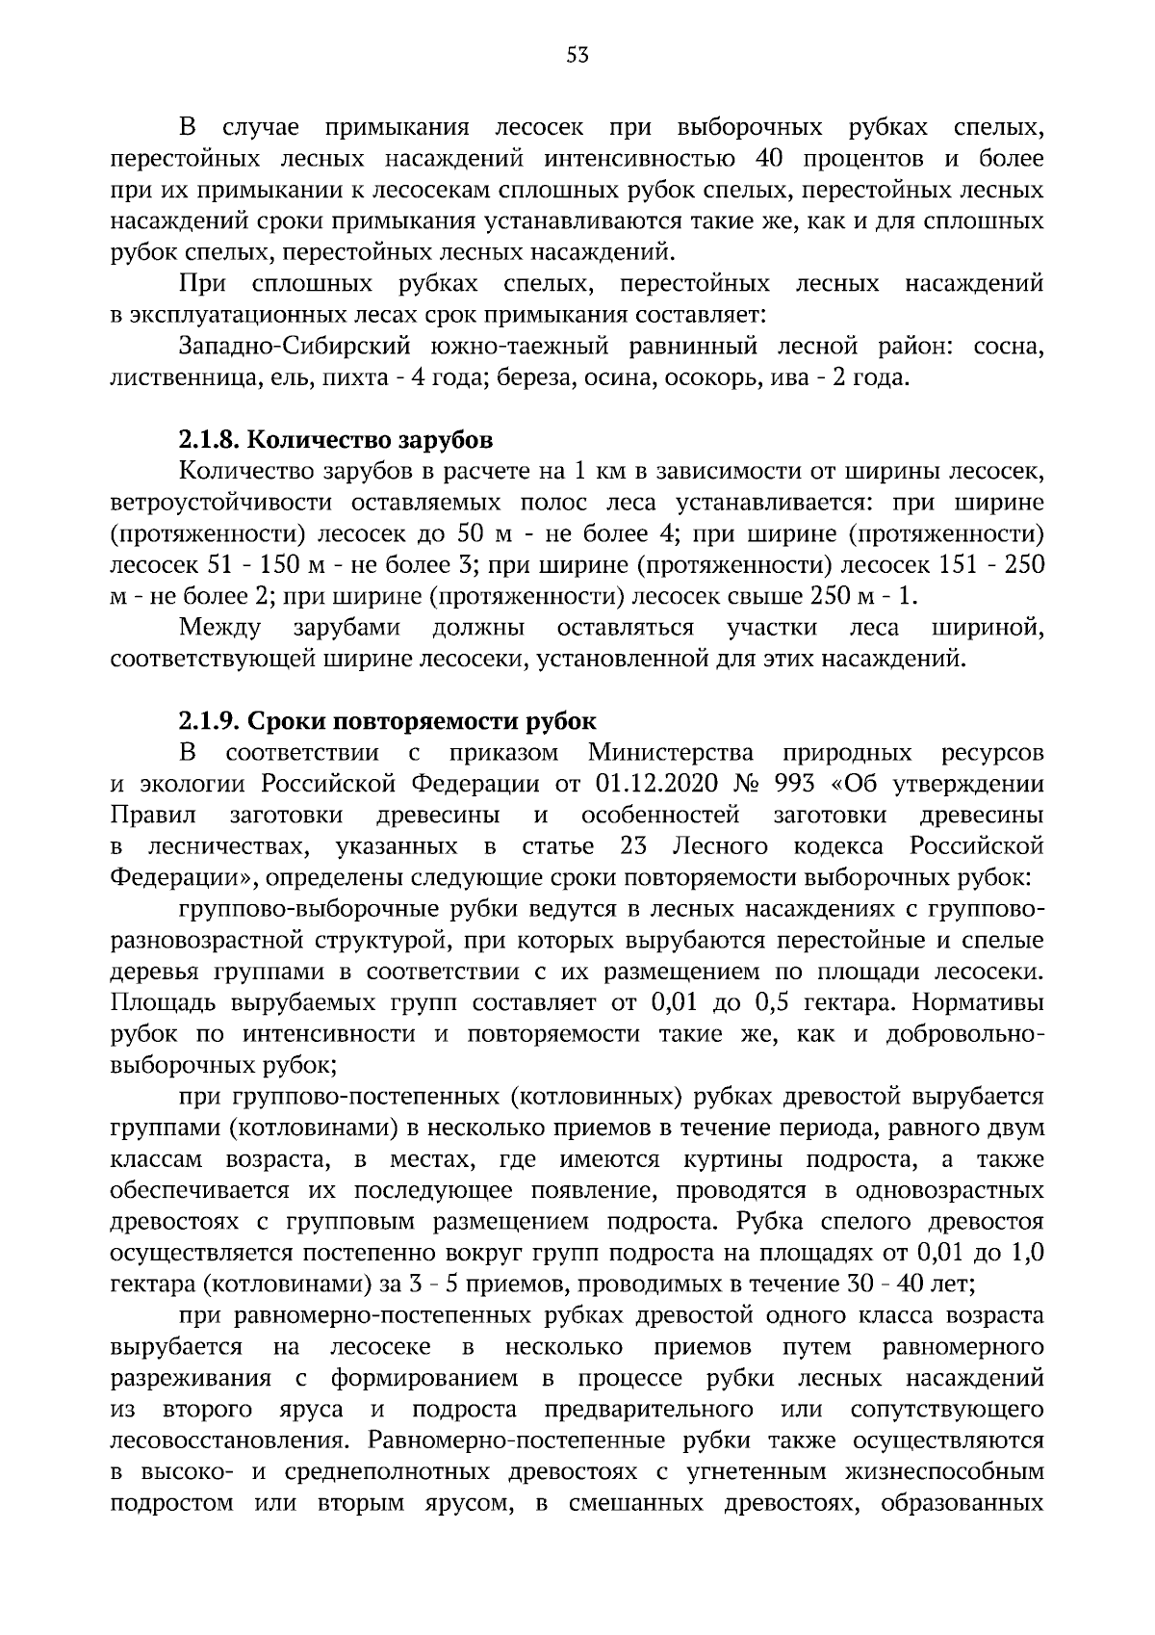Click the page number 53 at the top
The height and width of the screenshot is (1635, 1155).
pyautogui.click(x=577, y=56)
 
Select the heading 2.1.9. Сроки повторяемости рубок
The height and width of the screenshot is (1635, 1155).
pyautogui.click(x=387, y=721)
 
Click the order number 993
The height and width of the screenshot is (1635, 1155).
pyautogui.click(x=796, y=784)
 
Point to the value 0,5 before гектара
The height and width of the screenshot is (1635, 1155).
pyautogui.click(x=774, y=1003)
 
